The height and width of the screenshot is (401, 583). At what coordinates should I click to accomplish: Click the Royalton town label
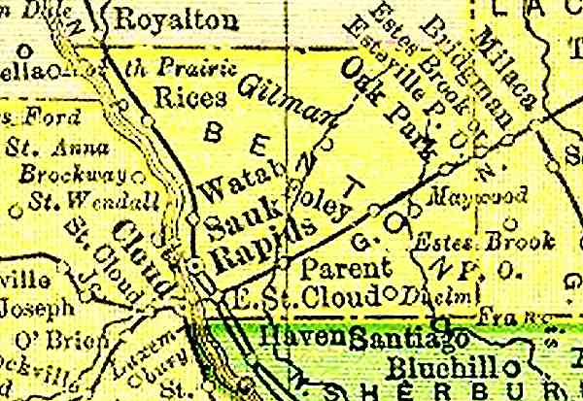point(156,18)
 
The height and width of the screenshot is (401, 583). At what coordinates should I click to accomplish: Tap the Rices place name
point(190,97)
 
